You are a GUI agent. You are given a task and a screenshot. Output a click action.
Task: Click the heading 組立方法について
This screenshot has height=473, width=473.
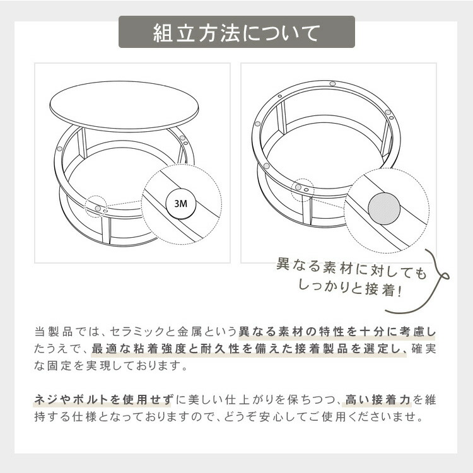(237, 33)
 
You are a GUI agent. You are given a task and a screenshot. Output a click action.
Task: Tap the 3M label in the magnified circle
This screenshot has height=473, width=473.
(181, 204)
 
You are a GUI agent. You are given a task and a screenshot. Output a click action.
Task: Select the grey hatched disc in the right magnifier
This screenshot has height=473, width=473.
(384, 209)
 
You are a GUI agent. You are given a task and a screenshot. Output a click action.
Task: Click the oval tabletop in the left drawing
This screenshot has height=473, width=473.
(124, 106)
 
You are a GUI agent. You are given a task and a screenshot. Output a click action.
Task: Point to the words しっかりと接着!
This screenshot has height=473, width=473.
(350, 288)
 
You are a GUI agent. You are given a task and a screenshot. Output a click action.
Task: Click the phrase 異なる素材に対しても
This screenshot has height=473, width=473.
(351, 268)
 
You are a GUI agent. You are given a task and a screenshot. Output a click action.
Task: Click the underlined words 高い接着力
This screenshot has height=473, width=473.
(378, 400)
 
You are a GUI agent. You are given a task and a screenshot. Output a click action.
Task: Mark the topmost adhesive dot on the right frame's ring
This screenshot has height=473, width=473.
(332, 83)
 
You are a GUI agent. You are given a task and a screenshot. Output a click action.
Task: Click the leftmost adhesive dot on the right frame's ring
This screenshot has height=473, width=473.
(257, 124)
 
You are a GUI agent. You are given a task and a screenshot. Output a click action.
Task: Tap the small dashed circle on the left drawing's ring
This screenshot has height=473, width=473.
(96, 207)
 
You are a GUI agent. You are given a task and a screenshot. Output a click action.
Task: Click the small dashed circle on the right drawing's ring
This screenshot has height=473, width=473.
(303, 190)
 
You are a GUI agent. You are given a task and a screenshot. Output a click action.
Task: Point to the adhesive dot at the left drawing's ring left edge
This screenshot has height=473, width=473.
(59, 149)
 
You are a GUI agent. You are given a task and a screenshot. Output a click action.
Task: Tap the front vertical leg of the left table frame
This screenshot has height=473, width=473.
(106, 230)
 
